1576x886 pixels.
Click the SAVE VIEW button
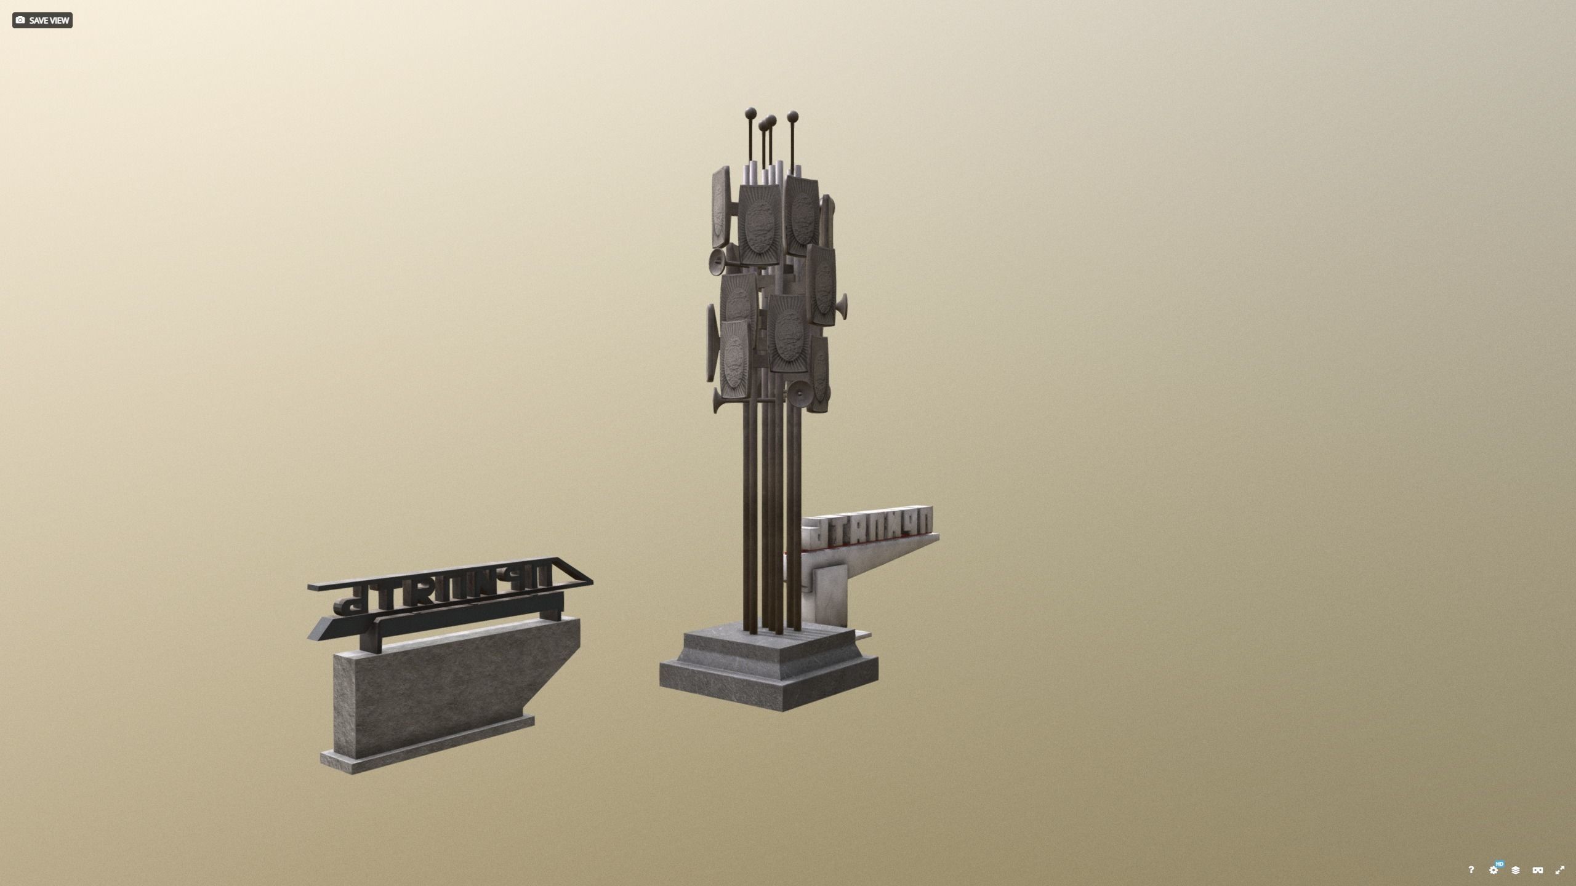pos(42,20)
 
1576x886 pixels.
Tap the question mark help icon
pos(1471,869)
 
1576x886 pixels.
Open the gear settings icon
pos(1493,870)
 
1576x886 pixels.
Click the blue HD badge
pos(1499,864)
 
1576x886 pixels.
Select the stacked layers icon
pos(1515,870)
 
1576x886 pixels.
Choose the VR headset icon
pos(1537,870)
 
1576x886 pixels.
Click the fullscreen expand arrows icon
pos(1559,870)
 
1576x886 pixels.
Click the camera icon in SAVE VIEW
pos(20,20)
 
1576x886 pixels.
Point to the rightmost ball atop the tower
pos(792,115)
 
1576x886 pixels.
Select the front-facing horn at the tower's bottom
pos(800,391)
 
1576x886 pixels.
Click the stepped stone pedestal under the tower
pos(770,671)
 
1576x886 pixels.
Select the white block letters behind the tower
pos(868,526)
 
